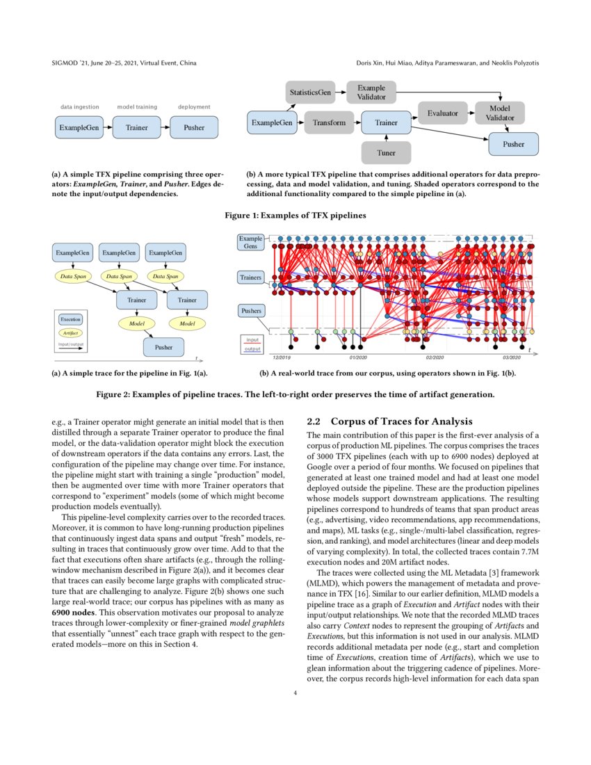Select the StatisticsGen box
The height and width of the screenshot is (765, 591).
point(309,91)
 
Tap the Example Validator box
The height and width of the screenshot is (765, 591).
point(371,92)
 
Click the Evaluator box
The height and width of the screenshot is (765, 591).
point(443,113)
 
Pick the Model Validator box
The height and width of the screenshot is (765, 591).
point(500,113)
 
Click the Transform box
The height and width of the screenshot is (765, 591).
point(329,123)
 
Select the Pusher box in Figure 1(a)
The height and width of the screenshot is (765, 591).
point(194,127)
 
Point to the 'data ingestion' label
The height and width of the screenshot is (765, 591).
point(79,107)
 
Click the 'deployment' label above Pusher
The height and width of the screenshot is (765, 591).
point(194,107)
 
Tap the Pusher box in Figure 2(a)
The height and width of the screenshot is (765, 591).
point(164,346)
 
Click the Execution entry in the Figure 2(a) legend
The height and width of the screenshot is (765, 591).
point(70,319)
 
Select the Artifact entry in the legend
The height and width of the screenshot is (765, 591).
point(70,333)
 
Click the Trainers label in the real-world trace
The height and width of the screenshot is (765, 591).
point(251,277)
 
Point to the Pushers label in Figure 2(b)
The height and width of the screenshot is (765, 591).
point(250,311)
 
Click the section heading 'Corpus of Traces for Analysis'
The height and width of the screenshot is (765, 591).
point(401,421)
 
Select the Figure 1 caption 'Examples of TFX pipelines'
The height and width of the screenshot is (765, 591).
point(295,216)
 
